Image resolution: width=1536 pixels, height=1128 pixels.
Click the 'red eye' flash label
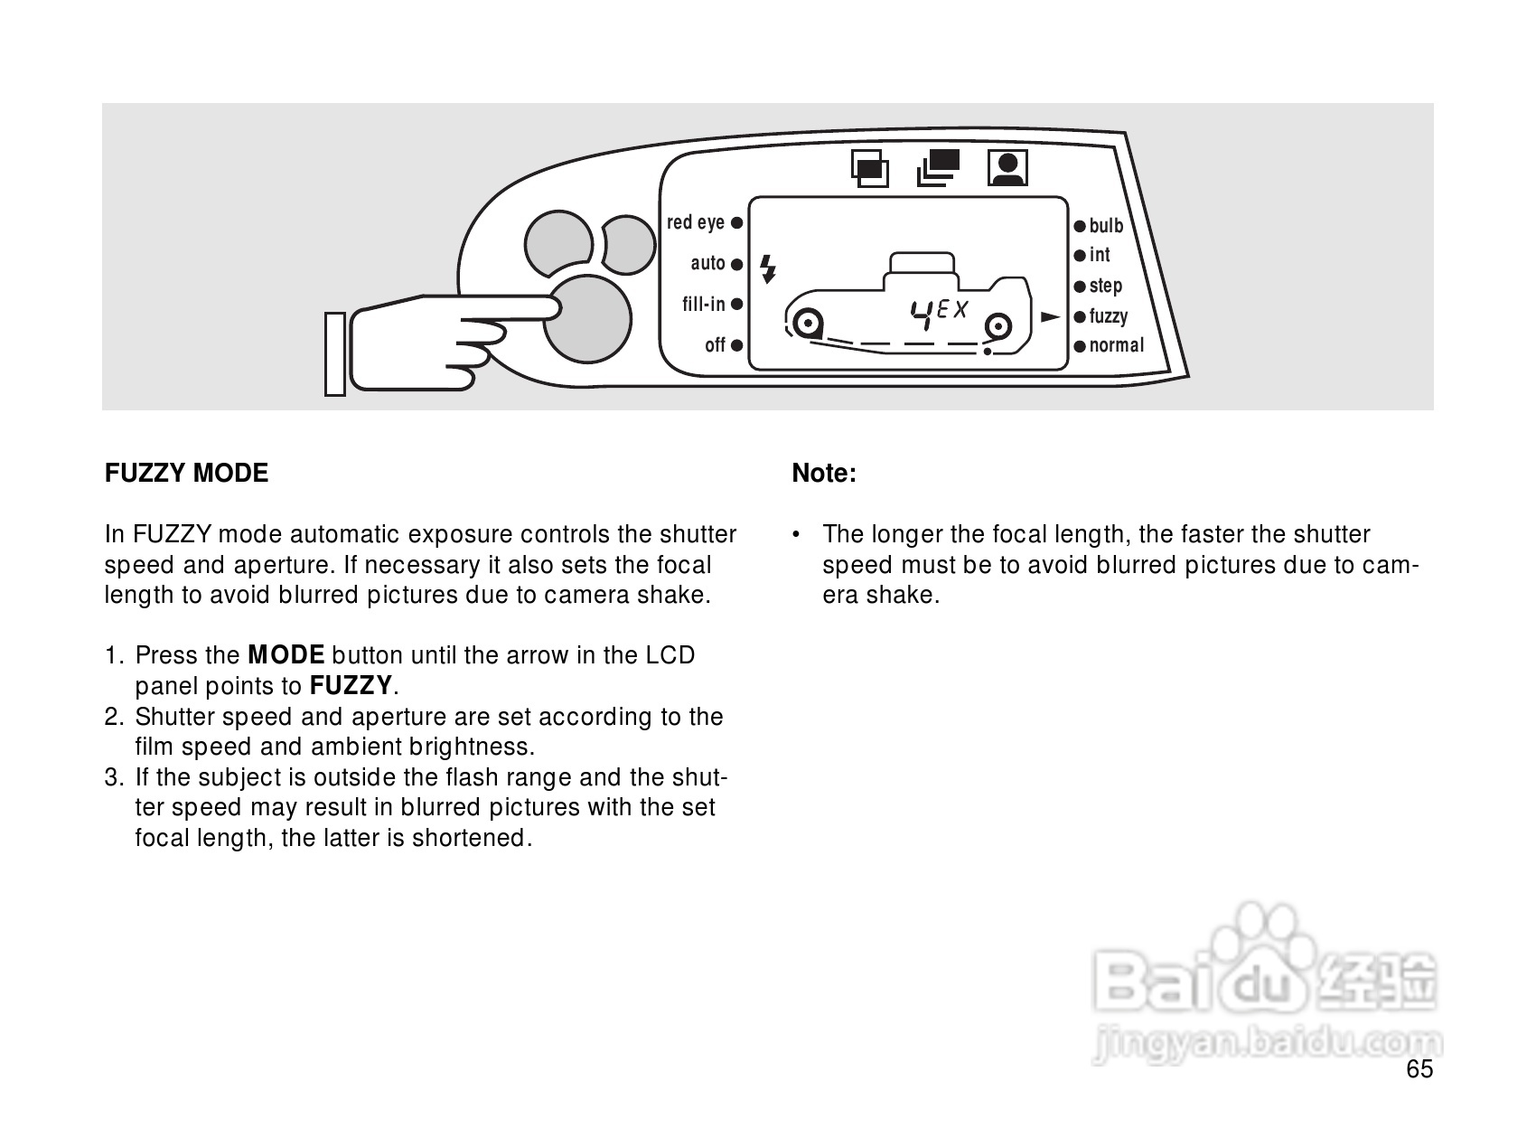pos(696,222)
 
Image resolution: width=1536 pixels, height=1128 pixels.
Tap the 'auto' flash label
pos(708,263)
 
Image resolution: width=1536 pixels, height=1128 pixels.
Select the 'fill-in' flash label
pos(704,305)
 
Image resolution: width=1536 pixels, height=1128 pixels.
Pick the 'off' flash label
pos(715,345)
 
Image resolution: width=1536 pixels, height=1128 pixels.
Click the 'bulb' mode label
pos(1106,226)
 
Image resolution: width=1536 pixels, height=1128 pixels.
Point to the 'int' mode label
pos(1100,256)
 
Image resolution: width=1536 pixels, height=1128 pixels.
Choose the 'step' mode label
pos(1105,287)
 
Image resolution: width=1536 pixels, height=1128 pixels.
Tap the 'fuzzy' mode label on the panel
pos(1109,317)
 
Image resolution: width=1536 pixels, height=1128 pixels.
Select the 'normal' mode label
pos(1116,345)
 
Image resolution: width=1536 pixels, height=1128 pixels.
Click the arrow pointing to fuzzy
pos(1050,317)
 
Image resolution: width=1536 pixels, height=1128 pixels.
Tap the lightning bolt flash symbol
pos(768,268)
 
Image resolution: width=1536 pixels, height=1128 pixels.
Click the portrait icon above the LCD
pos(1007,168)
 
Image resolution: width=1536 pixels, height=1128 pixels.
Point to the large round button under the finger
pos(587,318)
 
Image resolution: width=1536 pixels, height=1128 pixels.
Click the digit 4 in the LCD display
pos(923,313)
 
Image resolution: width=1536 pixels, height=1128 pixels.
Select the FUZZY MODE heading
pos(187,474)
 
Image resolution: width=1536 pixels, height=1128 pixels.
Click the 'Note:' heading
pos(824,474)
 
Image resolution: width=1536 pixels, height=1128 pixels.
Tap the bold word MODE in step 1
pos(286,655)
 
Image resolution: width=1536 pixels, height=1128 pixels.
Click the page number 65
pos(1419,1070)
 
